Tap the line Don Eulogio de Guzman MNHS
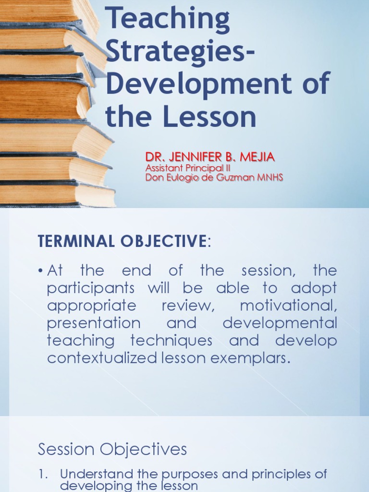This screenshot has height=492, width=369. pos(214,178)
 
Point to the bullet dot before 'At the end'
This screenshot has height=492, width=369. pos(41,271)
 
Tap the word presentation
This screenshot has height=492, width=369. pos(94,323)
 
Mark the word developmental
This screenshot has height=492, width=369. pos(280,323)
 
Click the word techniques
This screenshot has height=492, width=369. pos(172,341)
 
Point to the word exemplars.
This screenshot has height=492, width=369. pos(254,358)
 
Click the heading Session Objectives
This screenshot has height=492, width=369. pos(112,449)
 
